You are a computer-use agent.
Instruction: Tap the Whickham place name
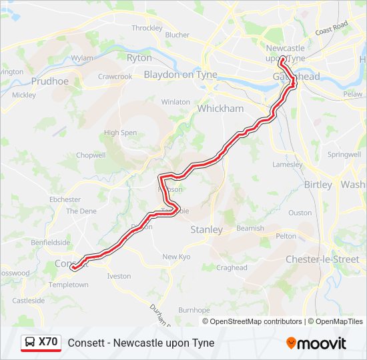click(220, 108)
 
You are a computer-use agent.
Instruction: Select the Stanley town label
click(207, 229)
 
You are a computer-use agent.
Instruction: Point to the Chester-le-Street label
click(322, 259)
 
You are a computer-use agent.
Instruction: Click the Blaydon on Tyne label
click(180, 75)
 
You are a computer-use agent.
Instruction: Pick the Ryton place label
click(139, 58)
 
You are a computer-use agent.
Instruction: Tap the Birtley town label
click(318, 185)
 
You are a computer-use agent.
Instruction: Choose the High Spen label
click(120, 133)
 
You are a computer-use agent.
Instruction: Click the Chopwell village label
click(91, 155)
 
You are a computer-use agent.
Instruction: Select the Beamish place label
click(250, 228)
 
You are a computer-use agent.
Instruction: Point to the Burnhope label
click(194, 310)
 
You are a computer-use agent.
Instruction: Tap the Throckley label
click(147, 28)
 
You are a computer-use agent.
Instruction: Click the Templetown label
click(69, 285)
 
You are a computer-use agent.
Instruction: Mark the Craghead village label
click(232, 268)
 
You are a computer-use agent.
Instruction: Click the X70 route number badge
click(48, 342)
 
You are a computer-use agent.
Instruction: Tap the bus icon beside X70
click(30, 343)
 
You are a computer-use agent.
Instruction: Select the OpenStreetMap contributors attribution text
click(256, 321)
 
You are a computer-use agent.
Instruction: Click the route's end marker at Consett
click(73, 268)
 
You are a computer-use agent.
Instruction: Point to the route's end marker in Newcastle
click(282, 59)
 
